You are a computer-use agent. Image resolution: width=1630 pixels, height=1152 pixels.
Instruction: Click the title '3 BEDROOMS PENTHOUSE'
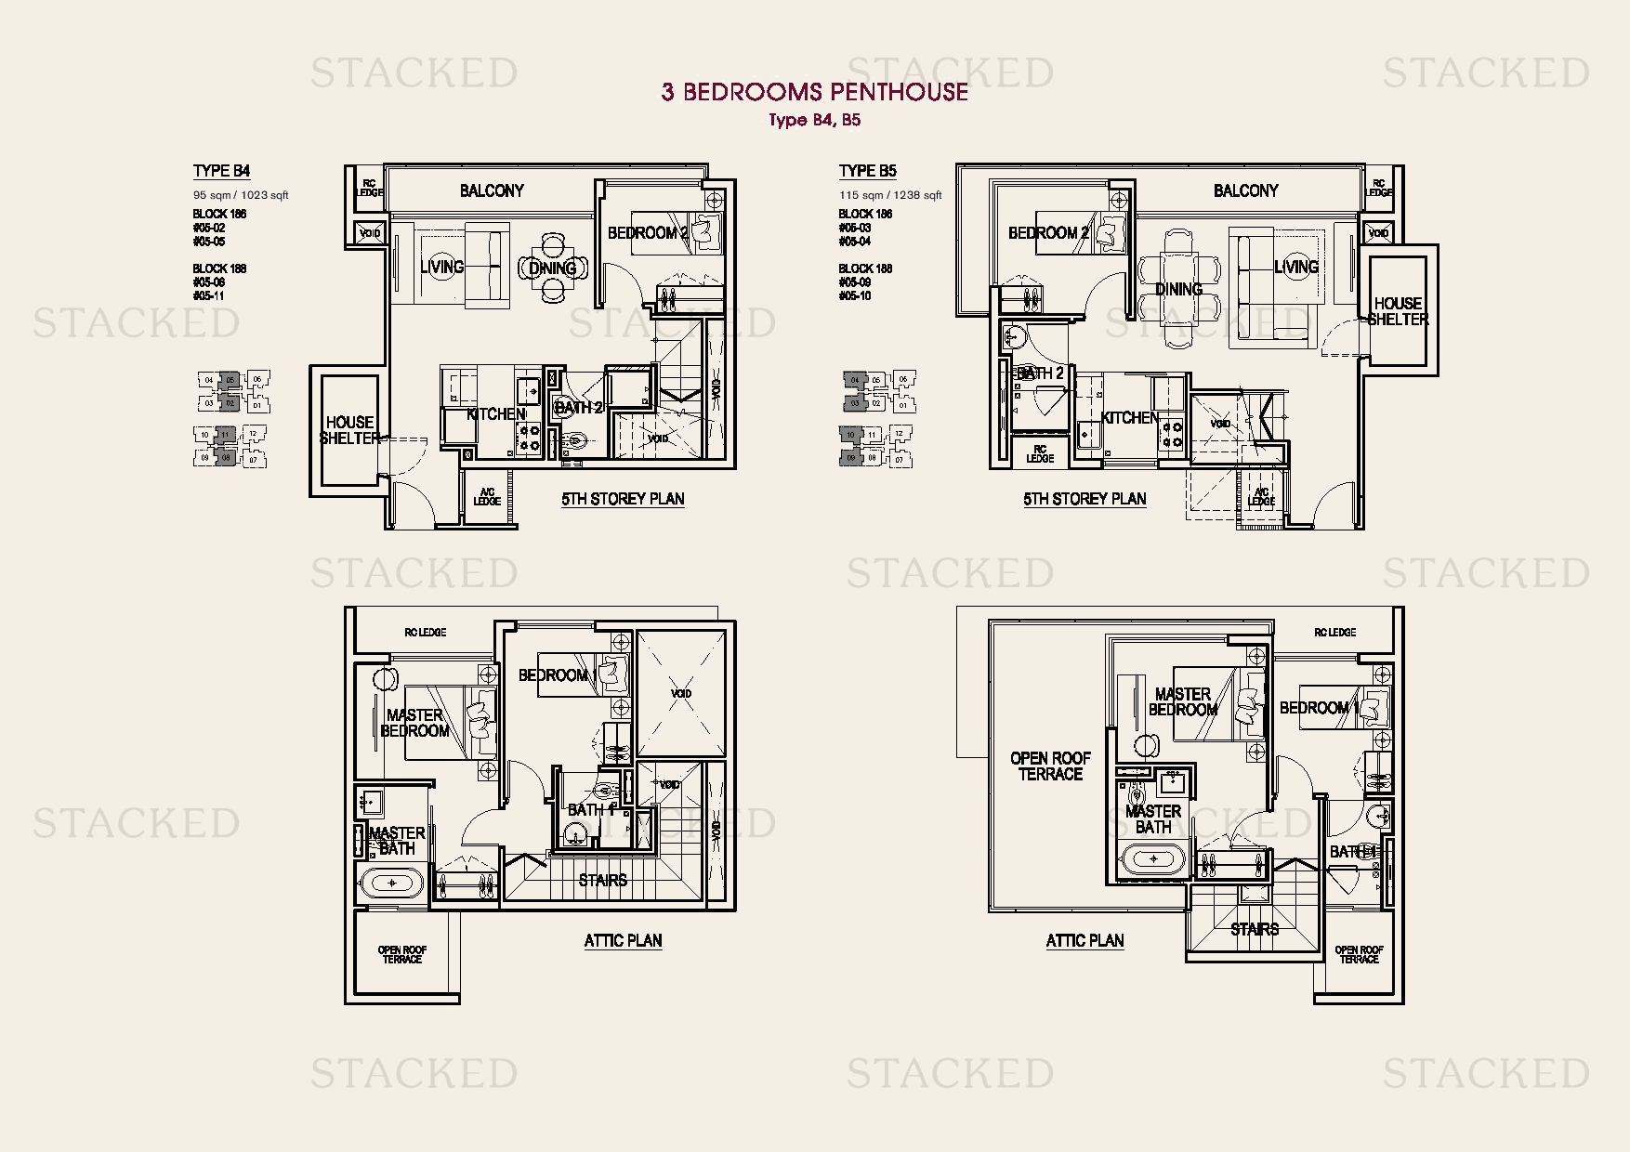click(814, 91)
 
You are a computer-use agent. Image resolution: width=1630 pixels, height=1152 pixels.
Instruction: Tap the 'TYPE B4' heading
click(221, 171)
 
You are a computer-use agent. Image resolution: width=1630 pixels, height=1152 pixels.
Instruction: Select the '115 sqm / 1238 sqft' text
click(890, 195)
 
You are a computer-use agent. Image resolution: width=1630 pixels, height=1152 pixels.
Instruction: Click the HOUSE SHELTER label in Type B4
click(349, 429)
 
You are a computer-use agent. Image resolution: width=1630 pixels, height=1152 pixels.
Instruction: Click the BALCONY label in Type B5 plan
click(1245, 190)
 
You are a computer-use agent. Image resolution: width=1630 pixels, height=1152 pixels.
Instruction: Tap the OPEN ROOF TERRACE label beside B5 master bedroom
click(1050, 766)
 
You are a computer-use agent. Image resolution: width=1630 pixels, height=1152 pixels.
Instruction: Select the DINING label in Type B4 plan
click(552, 268)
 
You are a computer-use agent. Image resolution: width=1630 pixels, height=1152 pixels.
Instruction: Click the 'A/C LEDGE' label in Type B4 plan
click(487, 497)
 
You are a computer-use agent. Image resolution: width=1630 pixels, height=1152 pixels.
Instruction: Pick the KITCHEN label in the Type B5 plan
click(1129, 418)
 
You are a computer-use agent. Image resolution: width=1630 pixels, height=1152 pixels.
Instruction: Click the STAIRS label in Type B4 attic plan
click(602, 880)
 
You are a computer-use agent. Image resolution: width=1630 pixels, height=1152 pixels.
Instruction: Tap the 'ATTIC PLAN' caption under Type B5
click(1084, 940)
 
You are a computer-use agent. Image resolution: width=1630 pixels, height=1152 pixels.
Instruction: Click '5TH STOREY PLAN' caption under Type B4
click(623, 499)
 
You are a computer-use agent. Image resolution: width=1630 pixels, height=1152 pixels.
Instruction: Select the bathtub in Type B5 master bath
click(1153, 859)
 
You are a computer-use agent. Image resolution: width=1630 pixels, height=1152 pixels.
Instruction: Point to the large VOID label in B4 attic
click(681, 693)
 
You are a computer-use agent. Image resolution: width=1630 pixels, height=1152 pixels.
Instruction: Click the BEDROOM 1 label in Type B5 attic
click(1319, 708)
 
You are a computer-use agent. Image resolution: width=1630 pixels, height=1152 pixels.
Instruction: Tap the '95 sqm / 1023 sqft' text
click(241, 195)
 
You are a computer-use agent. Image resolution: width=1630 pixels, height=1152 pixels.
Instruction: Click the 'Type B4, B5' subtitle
click(814, 120)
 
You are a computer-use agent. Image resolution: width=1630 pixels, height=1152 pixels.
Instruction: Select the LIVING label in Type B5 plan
click(1295, 267)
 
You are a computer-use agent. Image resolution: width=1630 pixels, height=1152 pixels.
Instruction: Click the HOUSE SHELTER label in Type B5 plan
click(1398, 311)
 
